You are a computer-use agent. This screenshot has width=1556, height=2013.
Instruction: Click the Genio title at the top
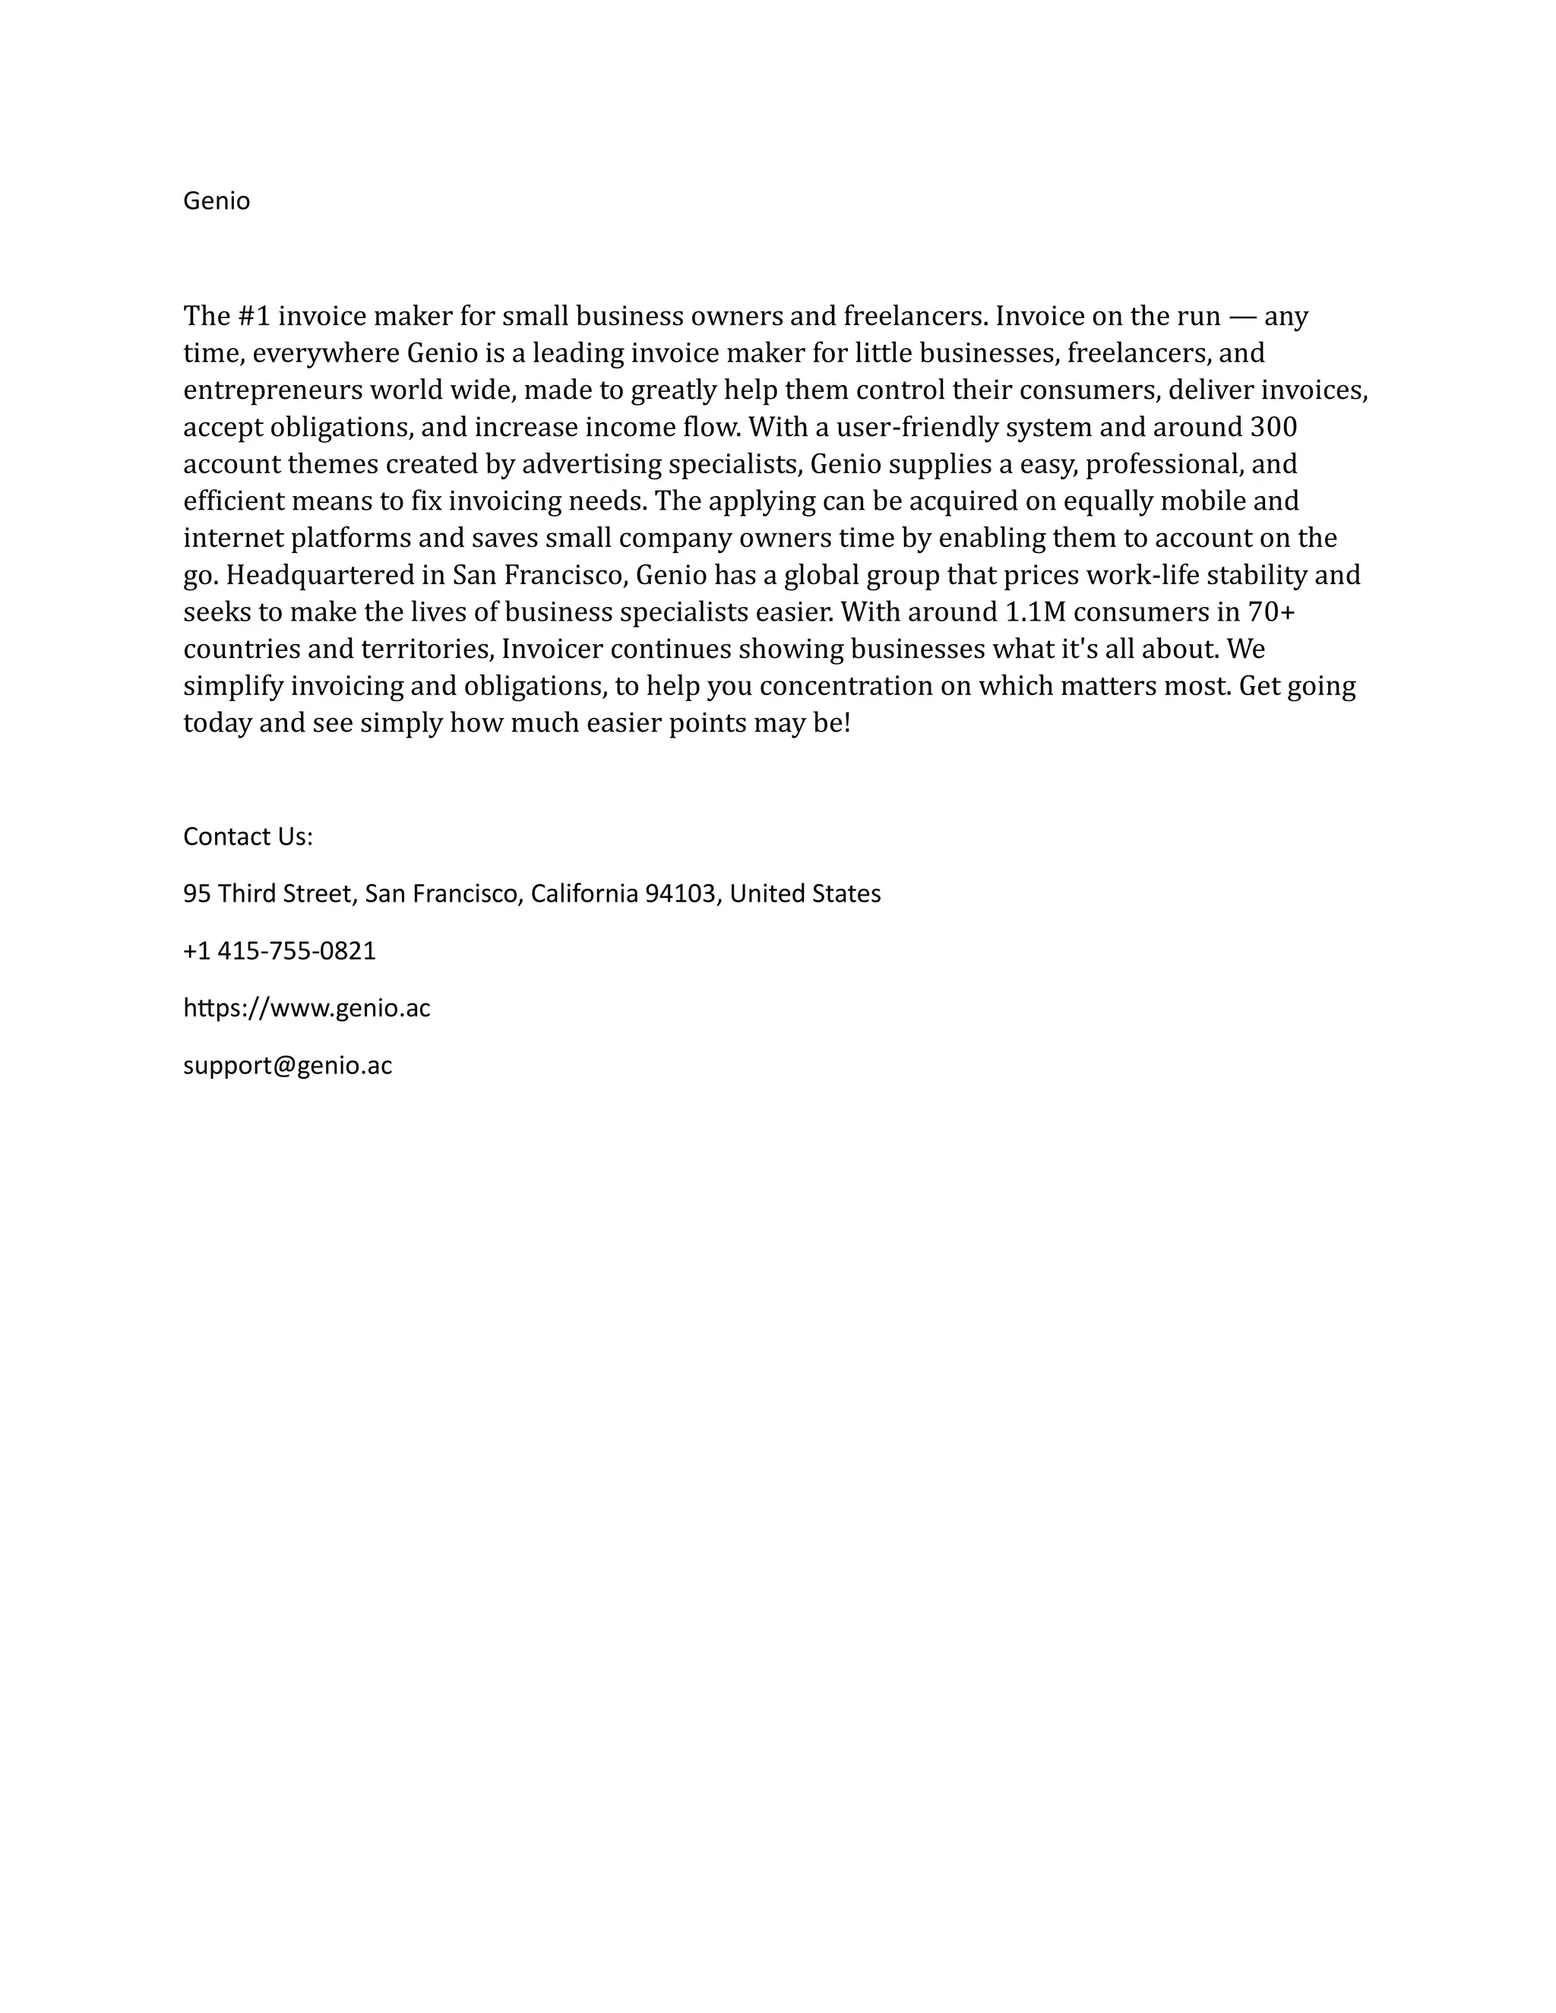217,201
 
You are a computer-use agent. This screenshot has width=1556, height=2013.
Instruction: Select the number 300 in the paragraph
1273,427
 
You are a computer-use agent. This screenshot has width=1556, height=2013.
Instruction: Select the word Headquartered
321,575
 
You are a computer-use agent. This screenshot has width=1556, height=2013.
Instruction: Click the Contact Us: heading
248,836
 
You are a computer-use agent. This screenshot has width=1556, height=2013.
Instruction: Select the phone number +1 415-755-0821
280,950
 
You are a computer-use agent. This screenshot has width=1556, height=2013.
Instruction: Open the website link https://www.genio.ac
307,1007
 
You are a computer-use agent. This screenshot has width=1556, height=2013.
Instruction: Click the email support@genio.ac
288,1066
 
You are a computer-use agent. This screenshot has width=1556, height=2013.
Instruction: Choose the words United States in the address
805,893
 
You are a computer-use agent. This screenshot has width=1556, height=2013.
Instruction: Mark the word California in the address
584,893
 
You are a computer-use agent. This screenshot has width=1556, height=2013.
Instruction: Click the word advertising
592,463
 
